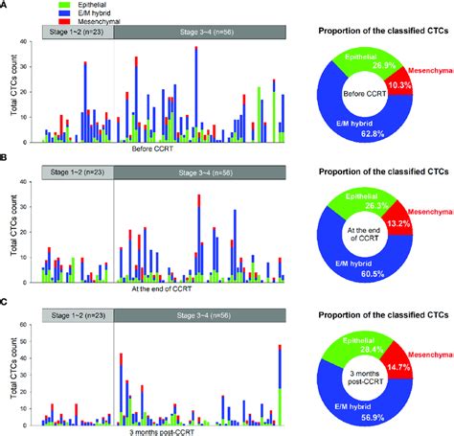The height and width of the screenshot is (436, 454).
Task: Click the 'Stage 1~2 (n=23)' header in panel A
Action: point(75,34)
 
